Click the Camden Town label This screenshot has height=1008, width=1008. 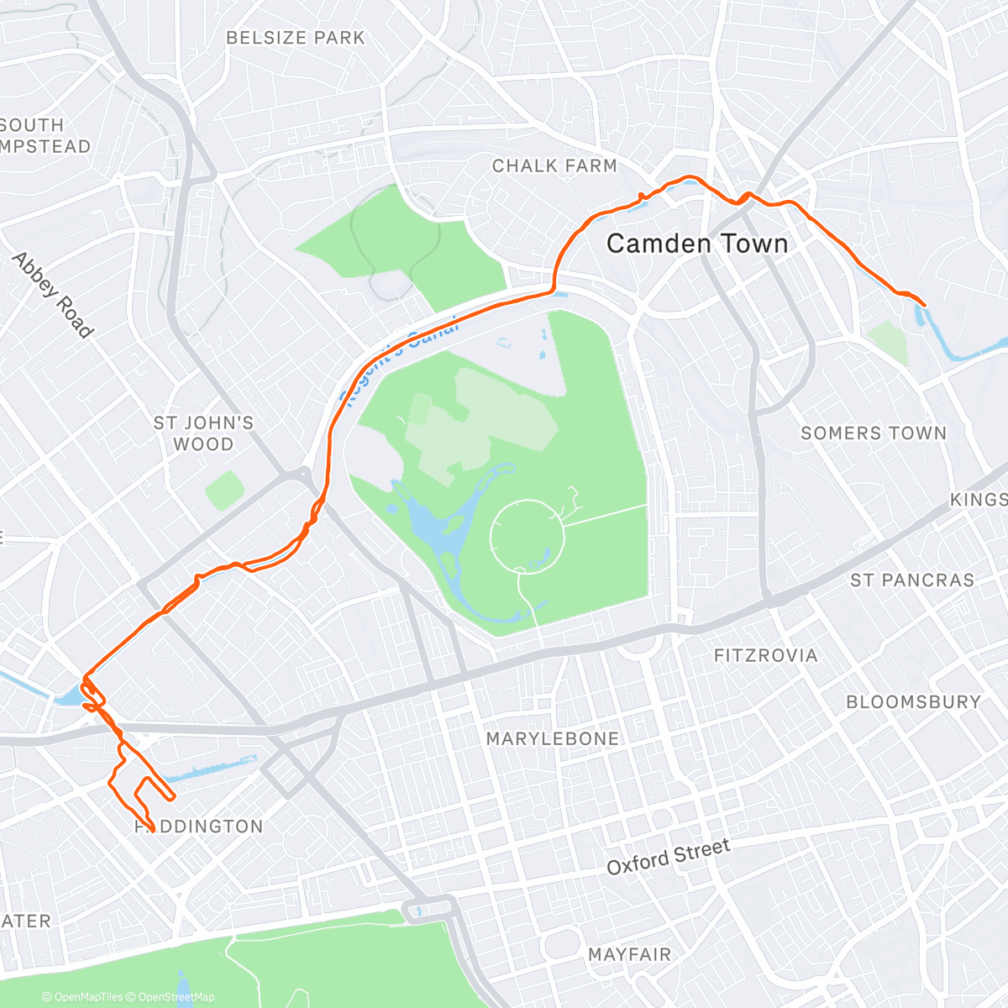tap(697, 244)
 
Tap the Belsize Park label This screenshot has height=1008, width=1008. tap(296, 38)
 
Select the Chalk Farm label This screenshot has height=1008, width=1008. tap(554, 166)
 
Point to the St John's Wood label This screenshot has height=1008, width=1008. tap(203, 433)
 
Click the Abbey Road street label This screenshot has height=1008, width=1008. tap(53, 295)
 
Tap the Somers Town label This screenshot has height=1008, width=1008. tap(874, 433)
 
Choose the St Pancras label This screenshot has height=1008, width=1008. tap(912, 580)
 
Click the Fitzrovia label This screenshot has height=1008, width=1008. tap(765, 655)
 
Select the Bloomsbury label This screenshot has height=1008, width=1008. tap(913, 701)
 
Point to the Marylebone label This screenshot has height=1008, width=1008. tap(553, 738)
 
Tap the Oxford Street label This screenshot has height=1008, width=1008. tap(669, 857)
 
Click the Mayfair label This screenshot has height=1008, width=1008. tap(630, 954)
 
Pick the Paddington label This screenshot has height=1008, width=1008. tap(200, 827)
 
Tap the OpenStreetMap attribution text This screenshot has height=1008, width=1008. tap(176, 997)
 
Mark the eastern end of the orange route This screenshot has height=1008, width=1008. tap(924, 304)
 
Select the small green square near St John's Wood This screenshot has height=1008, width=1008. tap(224, 490)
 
